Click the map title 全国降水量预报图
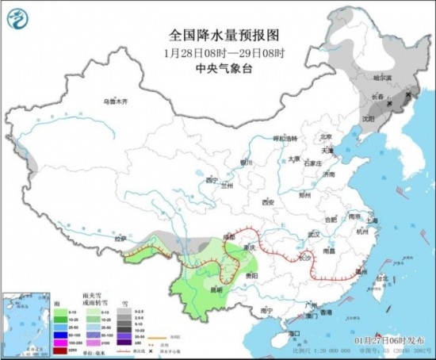click(x=218, y=36)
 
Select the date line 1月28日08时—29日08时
click(x=218, y=52)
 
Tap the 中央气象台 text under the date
click(x=218, y=68)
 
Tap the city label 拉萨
click(x=119, y=238)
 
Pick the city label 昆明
click(x=216, y=289)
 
